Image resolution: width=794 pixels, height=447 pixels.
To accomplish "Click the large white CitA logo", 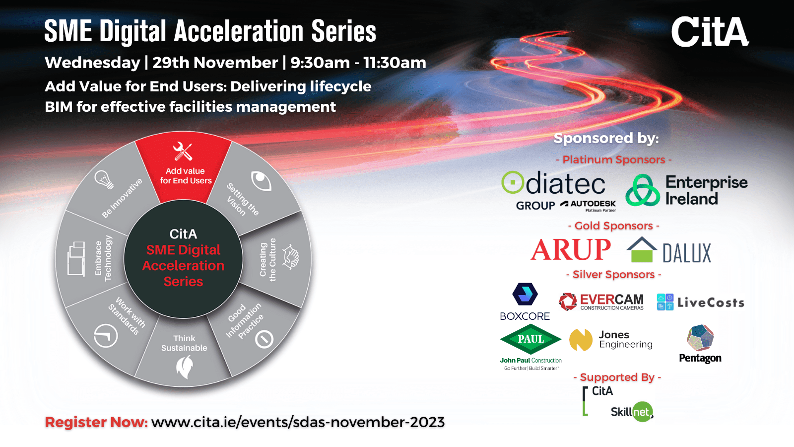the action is (x=710, y=32).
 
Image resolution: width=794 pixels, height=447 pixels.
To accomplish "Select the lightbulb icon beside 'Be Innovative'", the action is (x=104, y=179).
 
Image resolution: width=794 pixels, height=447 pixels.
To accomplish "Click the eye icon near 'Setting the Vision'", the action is (x=261, y=181).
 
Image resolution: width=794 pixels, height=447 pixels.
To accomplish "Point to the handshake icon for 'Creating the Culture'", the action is (x=291, y=257).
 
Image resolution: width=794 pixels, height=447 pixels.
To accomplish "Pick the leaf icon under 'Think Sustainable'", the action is (x=185, y=367).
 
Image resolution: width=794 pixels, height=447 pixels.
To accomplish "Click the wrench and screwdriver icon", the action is (x=183, y=151).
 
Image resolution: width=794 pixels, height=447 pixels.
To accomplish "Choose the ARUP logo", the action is (x=571, y=249).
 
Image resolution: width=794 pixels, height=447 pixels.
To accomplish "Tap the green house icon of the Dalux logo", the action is (x=642, y=250).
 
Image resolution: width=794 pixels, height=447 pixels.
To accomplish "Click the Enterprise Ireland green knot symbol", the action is (x=643, y=190).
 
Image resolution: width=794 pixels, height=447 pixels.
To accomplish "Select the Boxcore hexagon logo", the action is (x=525, y=294).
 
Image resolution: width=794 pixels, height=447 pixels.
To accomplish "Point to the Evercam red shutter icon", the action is (x=568, y=301).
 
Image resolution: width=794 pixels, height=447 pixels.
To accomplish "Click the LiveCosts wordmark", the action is (x=711, y=302).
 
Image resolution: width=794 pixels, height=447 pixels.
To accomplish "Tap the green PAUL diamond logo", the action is (x=530, y=339).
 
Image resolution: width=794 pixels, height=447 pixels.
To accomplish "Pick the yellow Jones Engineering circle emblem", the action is (x=581, y=340).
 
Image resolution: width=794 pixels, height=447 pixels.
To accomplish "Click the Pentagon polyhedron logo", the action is (x=700, y=337).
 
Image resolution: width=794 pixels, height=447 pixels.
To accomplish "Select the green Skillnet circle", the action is (x=642, y=412).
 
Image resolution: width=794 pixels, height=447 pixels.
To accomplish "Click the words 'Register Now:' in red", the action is (x=96, y=422).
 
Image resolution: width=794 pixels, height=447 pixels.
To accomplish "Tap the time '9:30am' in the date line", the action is (x=320, y=63).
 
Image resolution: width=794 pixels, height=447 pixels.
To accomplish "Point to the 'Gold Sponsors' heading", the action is (x=613, y=225).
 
